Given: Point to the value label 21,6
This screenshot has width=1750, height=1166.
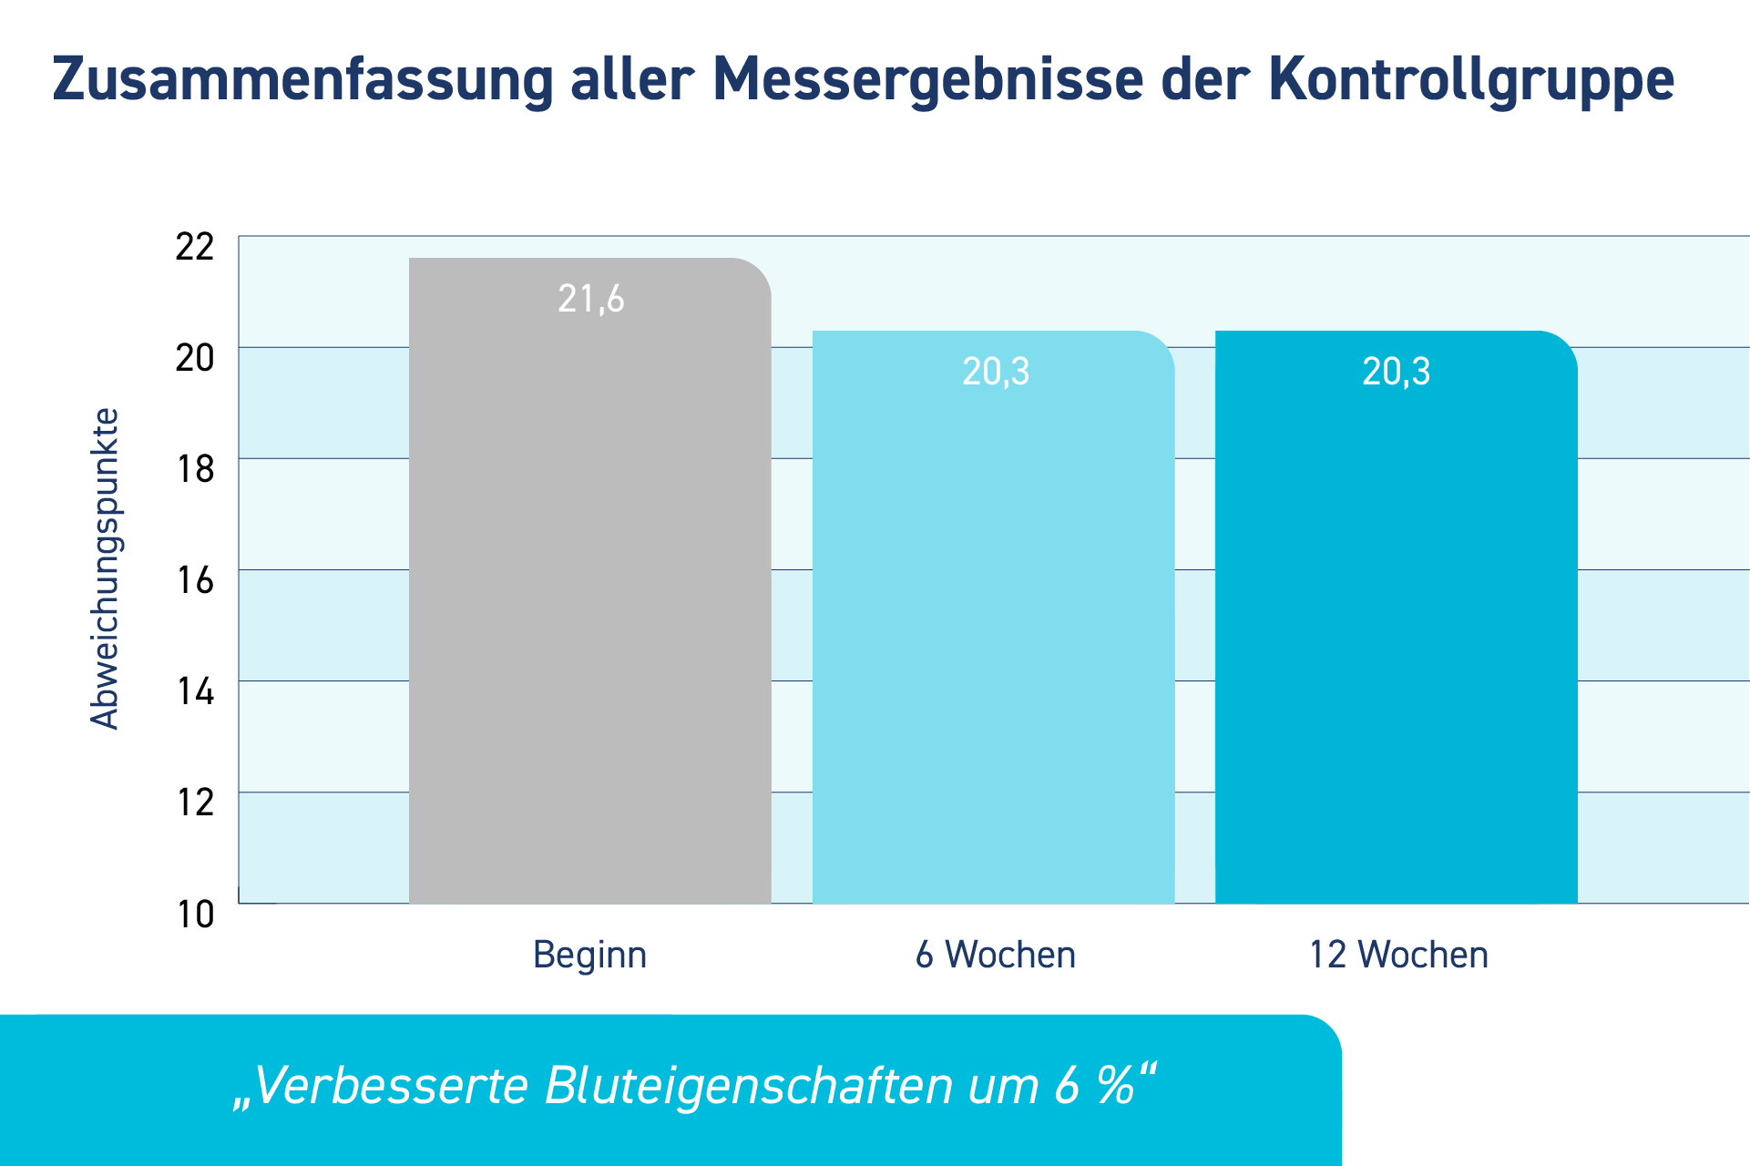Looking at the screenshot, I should pos(591,299).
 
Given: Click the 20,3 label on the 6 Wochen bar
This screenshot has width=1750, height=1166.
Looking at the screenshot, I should pos(996,372).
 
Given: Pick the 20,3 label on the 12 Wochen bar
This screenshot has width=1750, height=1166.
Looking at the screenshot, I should pos(1397,372).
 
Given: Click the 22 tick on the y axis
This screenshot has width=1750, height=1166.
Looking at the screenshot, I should pos(195,247).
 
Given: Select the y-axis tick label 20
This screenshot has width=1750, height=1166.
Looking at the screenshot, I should pos(195,358).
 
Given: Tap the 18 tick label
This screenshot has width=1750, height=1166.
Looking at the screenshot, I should pos(195,469).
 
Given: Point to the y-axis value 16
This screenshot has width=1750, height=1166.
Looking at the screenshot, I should pos(195,580).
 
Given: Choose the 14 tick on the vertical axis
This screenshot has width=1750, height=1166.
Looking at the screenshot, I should pos(195,691).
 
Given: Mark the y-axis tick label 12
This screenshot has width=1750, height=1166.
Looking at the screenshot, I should pos(195,803).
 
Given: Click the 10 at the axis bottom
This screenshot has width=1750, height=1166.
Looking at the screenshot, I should pos(195,914).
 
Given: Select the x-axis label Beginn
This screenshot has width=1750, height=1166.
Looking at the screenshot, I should pos(589,955).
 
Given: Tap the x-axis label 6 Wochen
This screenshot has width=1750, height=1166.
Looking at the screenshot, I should pos(996,955).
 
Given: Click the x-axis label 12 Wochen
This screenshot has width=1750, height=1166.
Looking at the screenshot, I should pos(1398,955).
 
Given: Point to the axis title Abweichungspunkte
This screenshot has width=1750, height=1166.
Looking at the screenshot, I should pos(105,569).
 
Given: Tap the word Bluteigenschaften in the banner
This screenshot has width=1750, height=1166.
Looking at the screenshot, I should pos(749,1086).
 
